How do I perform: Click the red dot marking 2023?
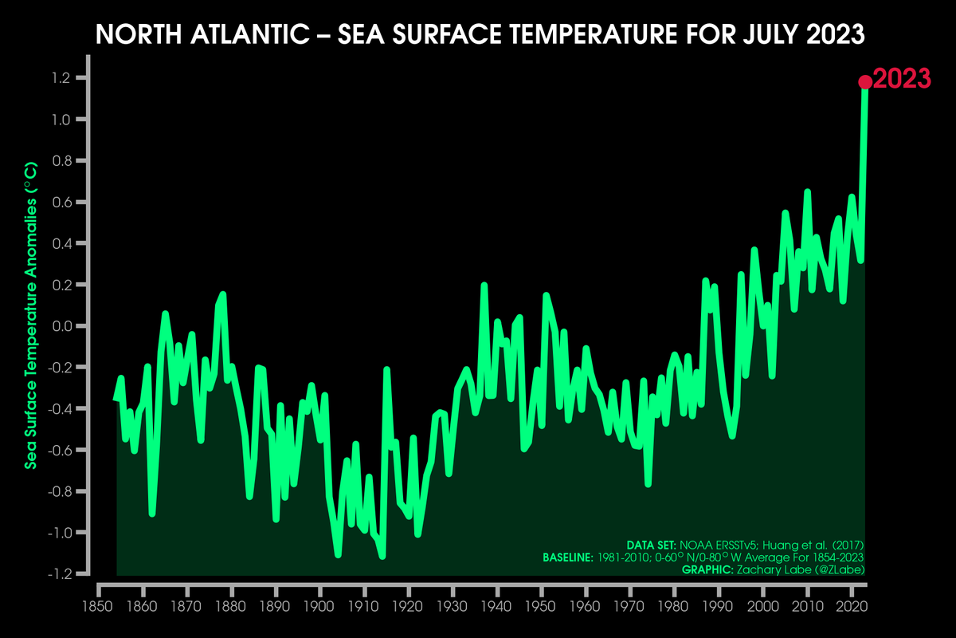click(864, 81)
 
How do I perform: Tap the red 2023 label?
click(902, 79)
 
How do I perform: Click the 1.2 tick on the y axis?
click(62, 78)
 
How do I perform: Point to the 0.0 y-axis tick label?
click(62, 326)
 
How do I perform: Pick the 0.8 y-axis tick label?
click(62, 161)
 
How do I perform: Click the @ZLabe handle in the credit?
click(836, 569)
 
